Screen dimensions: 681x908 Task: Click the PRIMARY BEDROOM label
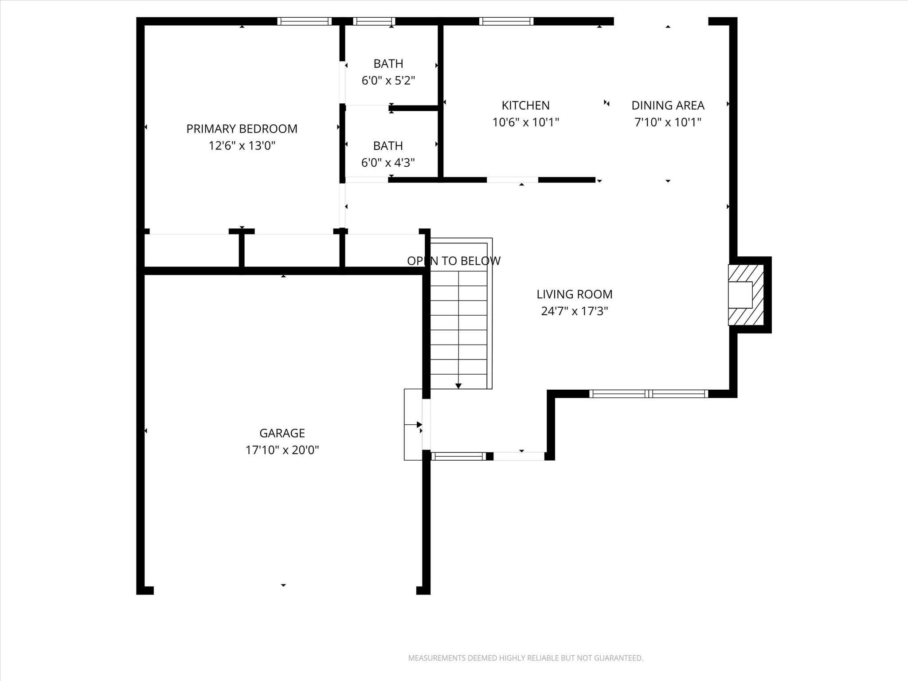point(242,129)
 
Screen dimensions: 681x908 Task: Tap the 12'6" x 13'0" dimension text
point(242,146)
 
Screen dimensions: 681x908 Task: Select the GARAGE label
point(282,433)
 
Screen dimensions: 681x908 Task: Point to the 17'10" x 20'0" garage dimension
point(282,450)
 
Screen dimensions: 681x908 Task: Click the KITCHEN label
point(525,106)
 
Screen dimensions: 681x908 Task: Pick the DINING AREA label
point(668,106)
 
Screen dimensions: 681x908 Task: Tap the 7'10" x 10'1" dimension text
point(668,122)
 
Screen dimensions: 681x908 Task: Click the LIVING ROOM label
point(574,294)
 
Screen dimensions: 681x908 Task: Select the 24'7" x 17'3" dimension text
point(574,311)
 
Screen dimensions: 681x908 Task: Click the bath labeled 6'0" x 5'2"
point(388,81)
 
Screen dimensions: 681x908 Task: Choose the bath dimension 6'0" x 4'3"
point(388,163)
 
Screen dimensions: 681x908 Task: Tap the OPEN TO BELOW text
point(454,261)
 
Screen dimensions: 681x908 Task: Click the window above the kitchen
point(506,21)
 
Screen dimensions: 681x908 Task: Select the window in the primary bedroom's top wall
point(304,21)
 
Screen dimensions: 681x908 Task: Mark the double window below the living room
point(648,394)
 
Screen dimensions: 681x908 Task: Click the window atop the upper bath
point(374,21)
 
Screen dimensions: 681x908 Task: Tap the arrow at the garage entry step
point(419,425)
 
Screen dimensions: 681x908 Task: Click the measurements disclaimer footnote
point(525,658)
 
